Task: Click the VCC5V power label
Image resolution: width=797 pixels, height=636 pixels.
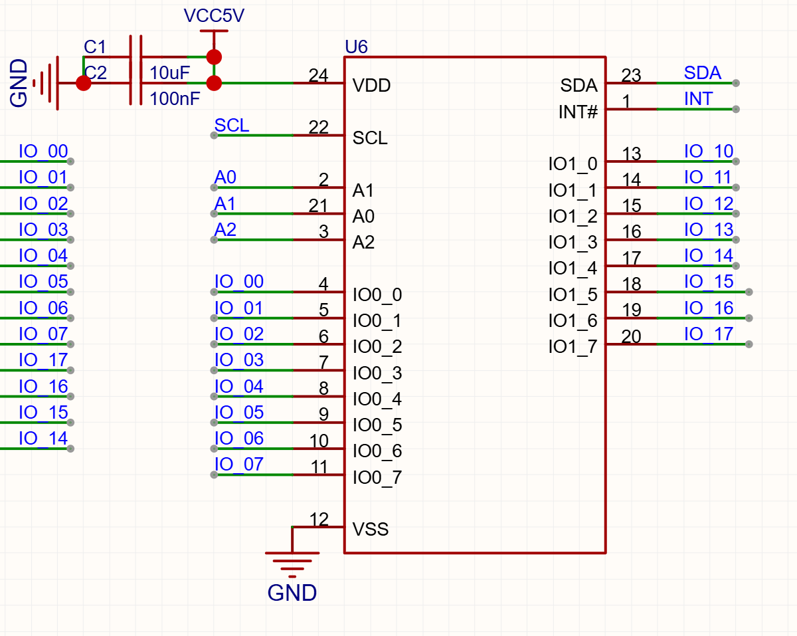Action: click(214, 15)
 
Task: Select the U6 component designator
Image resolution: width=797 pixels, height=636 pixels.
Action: click(356, 47)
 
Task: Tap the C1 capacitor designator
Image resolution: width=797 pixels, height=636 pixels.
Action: click(95, 47)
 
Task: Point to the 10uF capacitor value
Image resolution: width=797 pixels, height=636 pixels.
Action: click(169, 72)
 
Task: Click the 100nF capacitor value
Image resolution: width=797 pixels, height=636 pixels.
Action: click(175, 99)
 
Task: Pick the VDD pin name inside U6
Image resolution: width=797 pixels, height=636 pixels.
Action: click(371, 86)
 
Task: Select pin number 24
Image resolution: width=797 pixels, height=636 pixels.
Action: click(319, 75)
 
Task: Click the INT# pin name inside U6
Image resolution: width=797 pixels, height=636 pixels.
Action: click(578, 112)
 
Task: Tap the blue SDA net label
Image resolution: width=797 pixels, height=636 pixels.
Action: click(703, 72)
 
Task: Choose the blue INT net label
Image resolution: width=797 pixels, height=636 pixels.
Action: click(698, 99)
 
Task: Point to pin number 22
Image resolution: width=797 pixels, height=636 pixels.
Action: click(319, 128)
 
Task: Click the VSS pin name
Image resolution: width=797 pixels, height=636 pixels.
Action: click(371, 529)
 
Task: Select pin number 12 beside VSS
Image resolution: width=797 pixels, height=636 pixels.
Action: click(319, 519)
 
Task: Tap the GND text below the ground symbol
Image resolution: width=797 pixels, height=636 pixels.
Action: click(292, 593)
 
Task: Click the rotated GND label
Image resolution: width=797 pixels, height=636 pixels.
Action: click(19, 83)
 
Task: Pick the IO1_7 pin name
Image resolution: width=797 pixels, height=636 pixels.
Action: click(573, 347)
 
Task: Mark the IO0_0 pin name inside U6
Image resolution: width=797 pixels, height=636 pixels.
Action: click(377, 294)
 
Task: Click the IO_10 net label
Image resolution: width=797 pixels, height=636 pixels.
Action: click(709, 152)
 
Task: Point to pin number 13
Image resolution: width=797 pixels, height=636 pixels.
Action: click(632, 154)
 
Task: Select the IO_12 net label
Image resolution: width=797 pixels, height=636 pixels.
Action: click(709, 203)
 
